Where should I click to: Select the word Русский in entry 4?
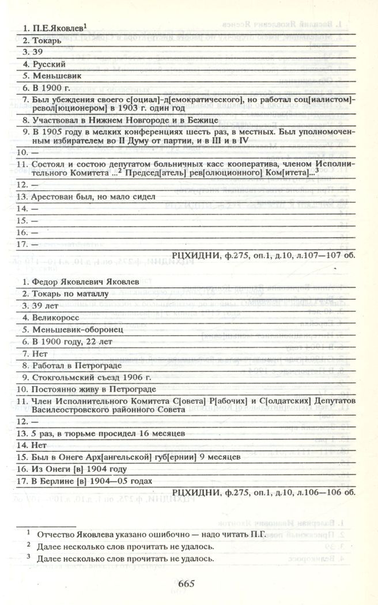[x=49, y=63]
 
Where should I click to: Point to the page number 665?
[x=187, y=583]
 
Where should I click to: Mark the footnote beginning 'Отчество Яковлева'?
[x=150, y=535]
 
